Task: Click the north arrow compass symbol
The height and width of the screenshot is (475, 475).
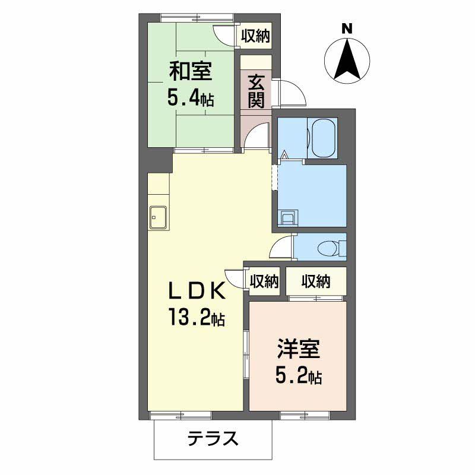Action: [x=347, y=59]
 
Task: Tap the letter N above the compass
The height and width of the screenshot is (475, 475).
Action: [x=347, y=27]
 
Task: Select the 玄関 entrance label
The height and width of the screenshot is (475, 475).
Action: [x=256, y=90]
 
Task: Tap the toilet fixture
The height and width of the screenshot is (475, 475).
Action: [x=329, y=248]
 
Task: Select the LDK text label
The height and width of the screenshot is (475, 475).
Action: [x=196, y=292]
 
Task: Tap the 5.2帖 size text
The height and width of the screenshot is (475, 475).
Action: [x=298, y=375]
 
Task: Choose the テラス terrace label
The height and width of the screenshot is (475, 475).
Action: [x=213, y=439]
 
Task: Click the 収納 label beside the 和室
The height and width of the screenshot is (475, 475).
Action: [x=255, y=36]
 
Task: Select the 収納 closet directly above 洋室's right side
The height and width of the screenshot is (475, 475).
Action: [x=315, y=281]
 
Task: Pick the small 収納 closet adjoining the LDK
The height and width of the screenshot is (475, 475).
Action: [x=264, y=281]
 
